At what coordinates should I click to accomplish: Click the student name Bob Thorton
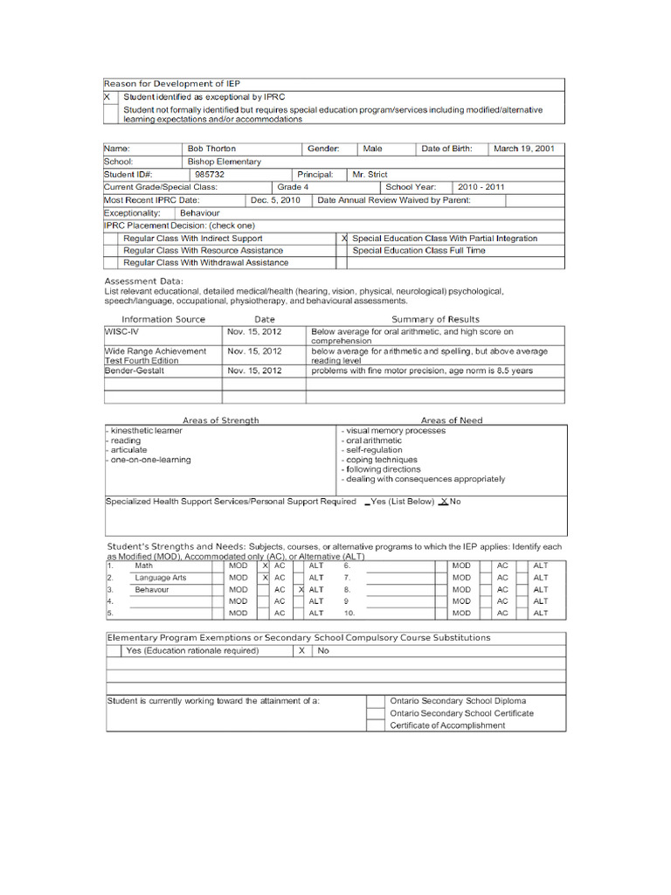[x=211, y=149]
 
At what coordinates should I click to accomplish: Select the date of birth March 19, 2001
[x=524, y=149]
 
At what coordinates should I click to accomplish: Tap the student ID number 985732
[x=210, y=174]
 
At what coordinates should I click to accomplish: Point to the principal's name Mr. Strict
[x=370, y=174]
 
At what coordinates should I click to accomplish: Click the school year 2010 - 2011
[x=481, y=187]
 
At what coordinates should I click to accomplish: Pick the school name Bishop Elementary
[x=224, y=162]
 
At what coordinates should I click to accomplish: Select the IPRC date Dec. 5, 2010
[x=275, y=200]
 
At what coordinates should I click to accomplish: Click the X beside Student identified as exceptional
[x=107, y=97]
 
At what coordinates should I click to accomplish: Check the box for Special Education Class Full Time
[x=342, y=251]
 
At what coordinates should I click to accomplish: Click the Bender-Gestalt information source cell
[x=135, y=371]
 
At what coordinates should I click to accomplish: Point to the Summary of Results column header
[x=435, y=319]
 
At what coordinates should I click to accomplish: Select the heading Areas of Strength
[x=221, y=420]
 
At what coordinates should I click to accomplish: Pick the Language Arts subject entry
[x=161, y=578]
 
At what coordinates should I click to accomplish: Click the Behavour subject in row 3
[x=154, y=590]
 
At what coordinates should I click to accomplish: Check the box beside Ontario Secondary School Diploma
[x=375, y=701]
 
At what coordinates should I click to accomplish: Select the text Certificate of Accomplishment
[x=447, y=725]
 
